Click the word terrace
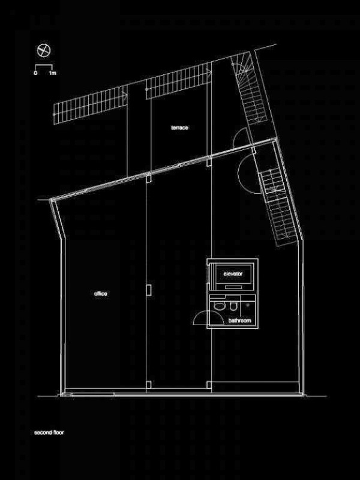pos(179,128)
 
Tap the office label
pos(101,293)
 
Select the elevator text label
pos(233,274)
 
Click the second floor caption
pos(49,432)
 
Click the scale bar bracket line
pos(43,64)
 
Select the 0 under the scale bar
pos(35,72)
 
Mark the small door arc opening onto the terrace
pos(238,137)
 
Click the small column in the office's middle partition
pos(148,290)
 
